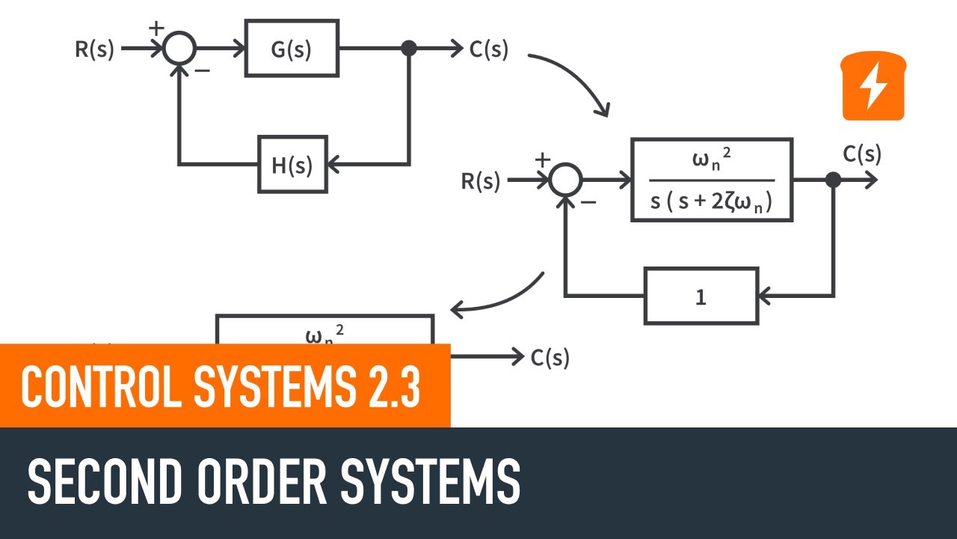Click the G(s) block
(292, 49)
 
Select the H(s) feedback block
(292, 164)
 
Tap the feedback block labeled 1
(701, 296)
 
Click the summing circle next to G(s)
(179, 49)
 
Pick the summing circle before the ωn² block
(566, 180)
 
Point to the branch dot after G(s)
(409, 49)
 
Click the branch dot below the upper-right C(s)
(833, 180)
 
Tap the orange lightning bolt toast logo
(873, 86)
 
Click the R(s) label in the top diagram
(95, 49)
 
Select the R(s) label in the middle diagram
(480, 181)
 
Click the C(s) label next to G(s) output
(489, 49)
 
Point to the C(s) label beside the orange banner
(550, 358)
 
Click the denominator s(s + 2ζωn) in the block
(711, 201)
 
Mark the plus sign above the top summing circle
(156, 28)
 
